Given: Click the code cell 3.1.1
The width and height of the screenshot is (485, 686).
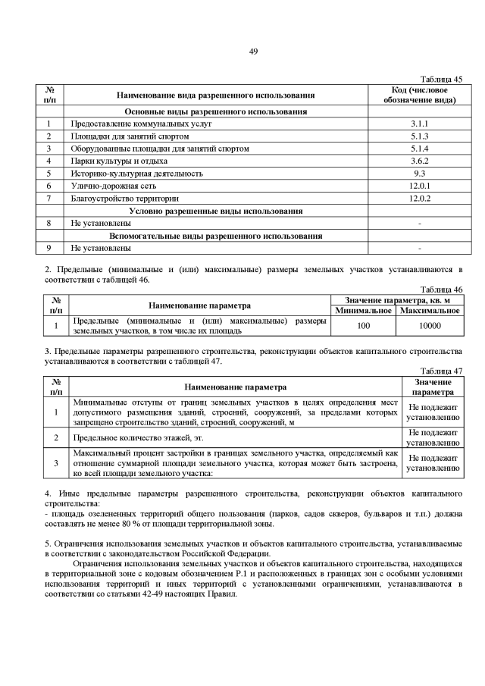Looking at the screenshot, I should point(419,123).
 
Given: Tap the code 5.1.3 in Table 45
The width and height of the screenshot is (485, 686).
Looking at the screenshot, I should point(419,136).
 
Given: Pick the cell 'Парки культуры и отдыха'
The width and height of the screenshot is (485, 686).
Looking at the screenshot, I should point(112,161).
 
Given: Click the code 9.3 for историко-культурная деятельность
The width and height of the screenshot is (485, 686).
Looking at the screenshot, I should point(419,173).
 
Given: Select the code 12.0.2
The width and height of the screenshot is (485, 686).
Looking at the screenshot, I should point(419,198).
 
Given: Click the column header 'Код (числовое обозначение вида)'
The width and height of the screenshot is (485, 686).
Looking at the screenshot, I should point(419,95).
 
